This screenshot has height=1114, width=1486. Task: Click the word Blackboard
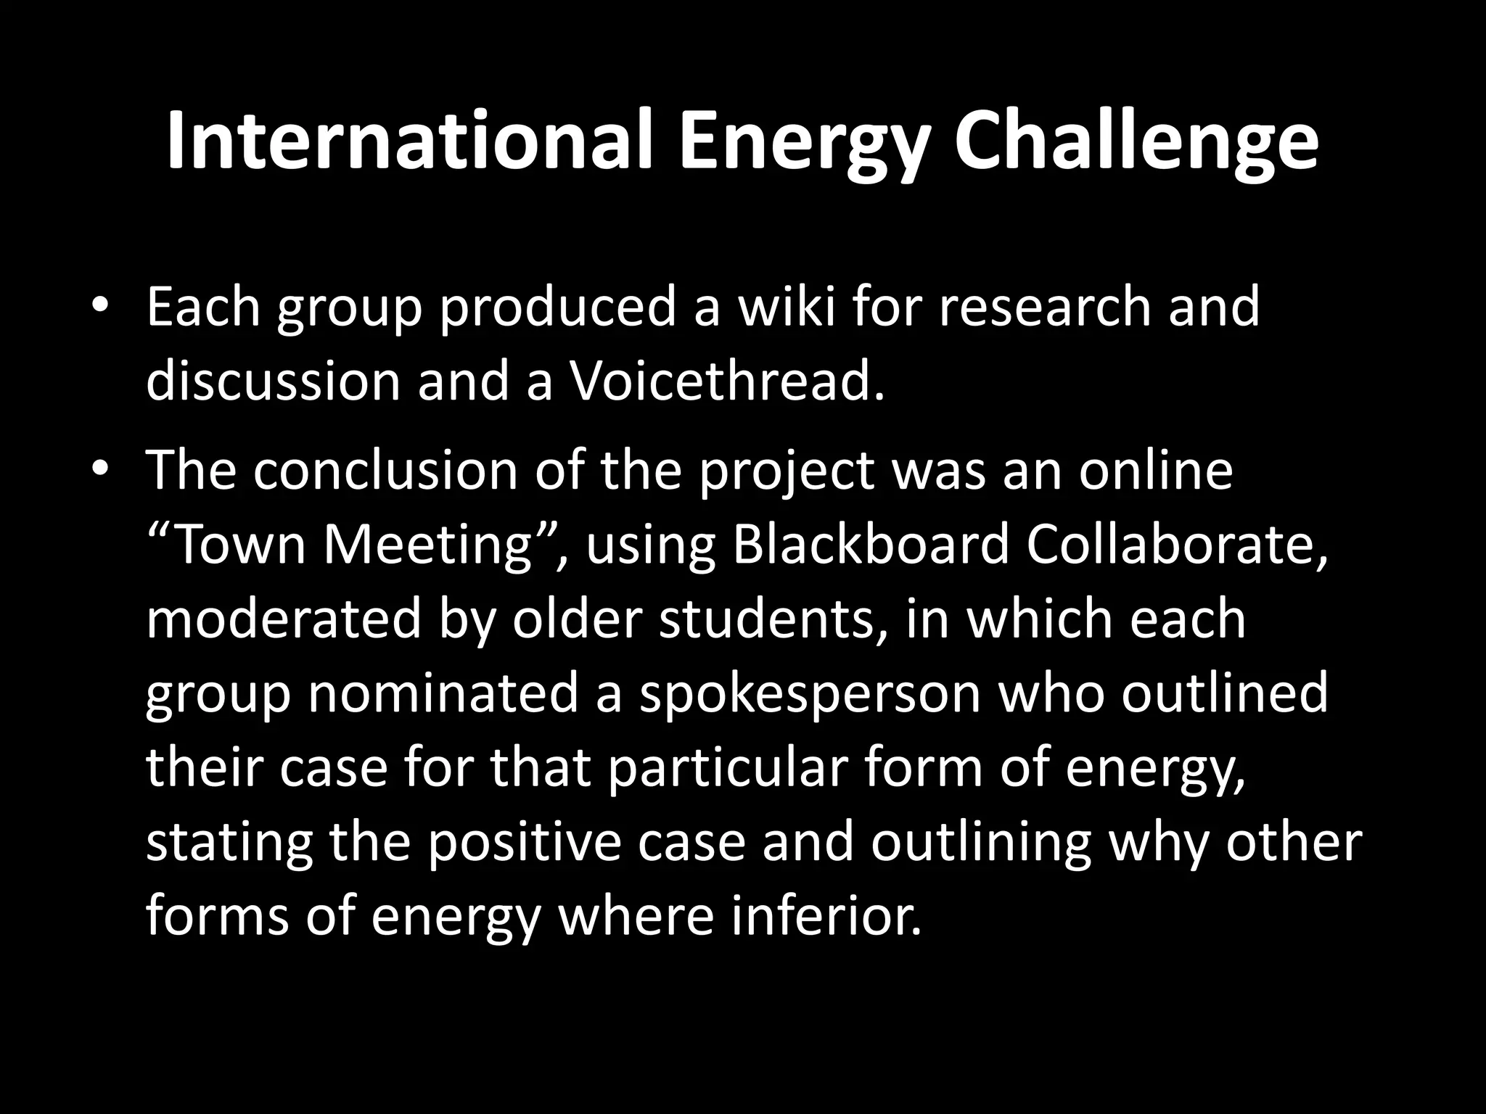tap(870, 545)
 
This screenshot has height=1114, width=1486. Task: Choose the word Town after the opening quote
tap(239, 545)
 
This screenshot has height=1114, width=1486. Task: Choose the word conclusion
tap(385, 470)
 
